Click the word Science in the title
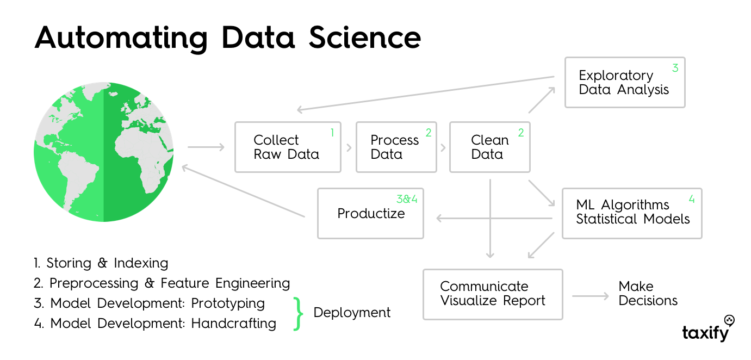[364, 38]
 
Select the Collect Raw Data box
[288, 147]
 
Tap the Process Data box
[396, 147]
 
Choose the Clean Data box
[490, 147]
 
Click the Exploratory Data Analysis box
[625, 82]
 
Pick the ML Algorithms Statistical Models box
[632, 213]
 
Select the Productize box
[370, 213]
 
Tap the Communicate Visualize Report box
[493, 294]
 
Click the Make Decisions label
[648, 294]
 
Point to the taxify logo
[708, 328]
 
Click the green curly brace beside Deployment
[298, 314]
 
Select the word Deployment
[352, 313]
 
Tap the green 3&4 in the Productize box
[407, 199]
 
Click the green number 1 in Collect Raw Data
[332, 133]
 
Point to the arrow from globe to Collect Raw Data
[206, 147]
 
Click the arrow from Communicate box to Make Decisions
[591, 296]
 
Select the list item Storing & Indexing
[101, 263]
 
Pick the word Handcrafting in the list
[234, 324]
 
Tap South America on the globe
[78, 181]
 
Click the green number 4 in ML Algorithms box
[692, 199]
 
